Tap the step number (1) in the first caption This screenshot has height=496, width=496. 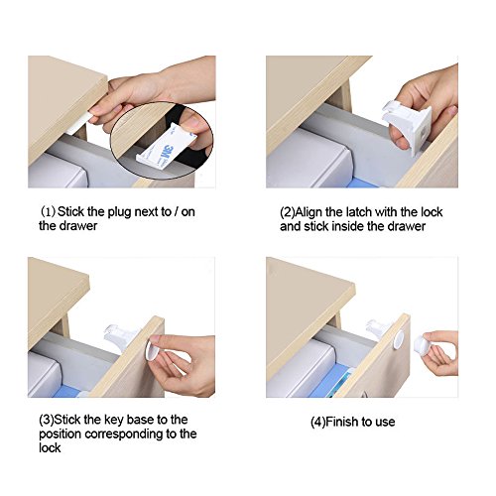click(x=49, y=211)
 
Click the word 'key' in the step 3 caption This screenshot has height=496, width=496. click(x=114, y=421)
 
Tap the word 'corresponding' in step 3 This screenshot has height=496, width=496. click(x=126, y=434)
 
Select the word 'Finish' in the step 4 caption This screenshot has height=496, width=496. click(x=342, y=422)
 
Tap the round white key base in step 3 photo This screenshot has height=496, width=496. click(x=152, y=348)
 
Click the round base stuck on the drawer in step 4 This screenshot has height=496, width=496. click(x=399, y=339)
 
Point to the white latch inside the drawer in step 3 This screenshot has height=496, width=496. click(x=119, y=334)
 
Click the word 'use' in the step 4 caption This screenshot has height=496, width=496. click(x=385, y=423)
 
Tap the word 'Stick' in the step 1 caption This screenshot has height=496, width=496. click(x=70, y=211)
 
